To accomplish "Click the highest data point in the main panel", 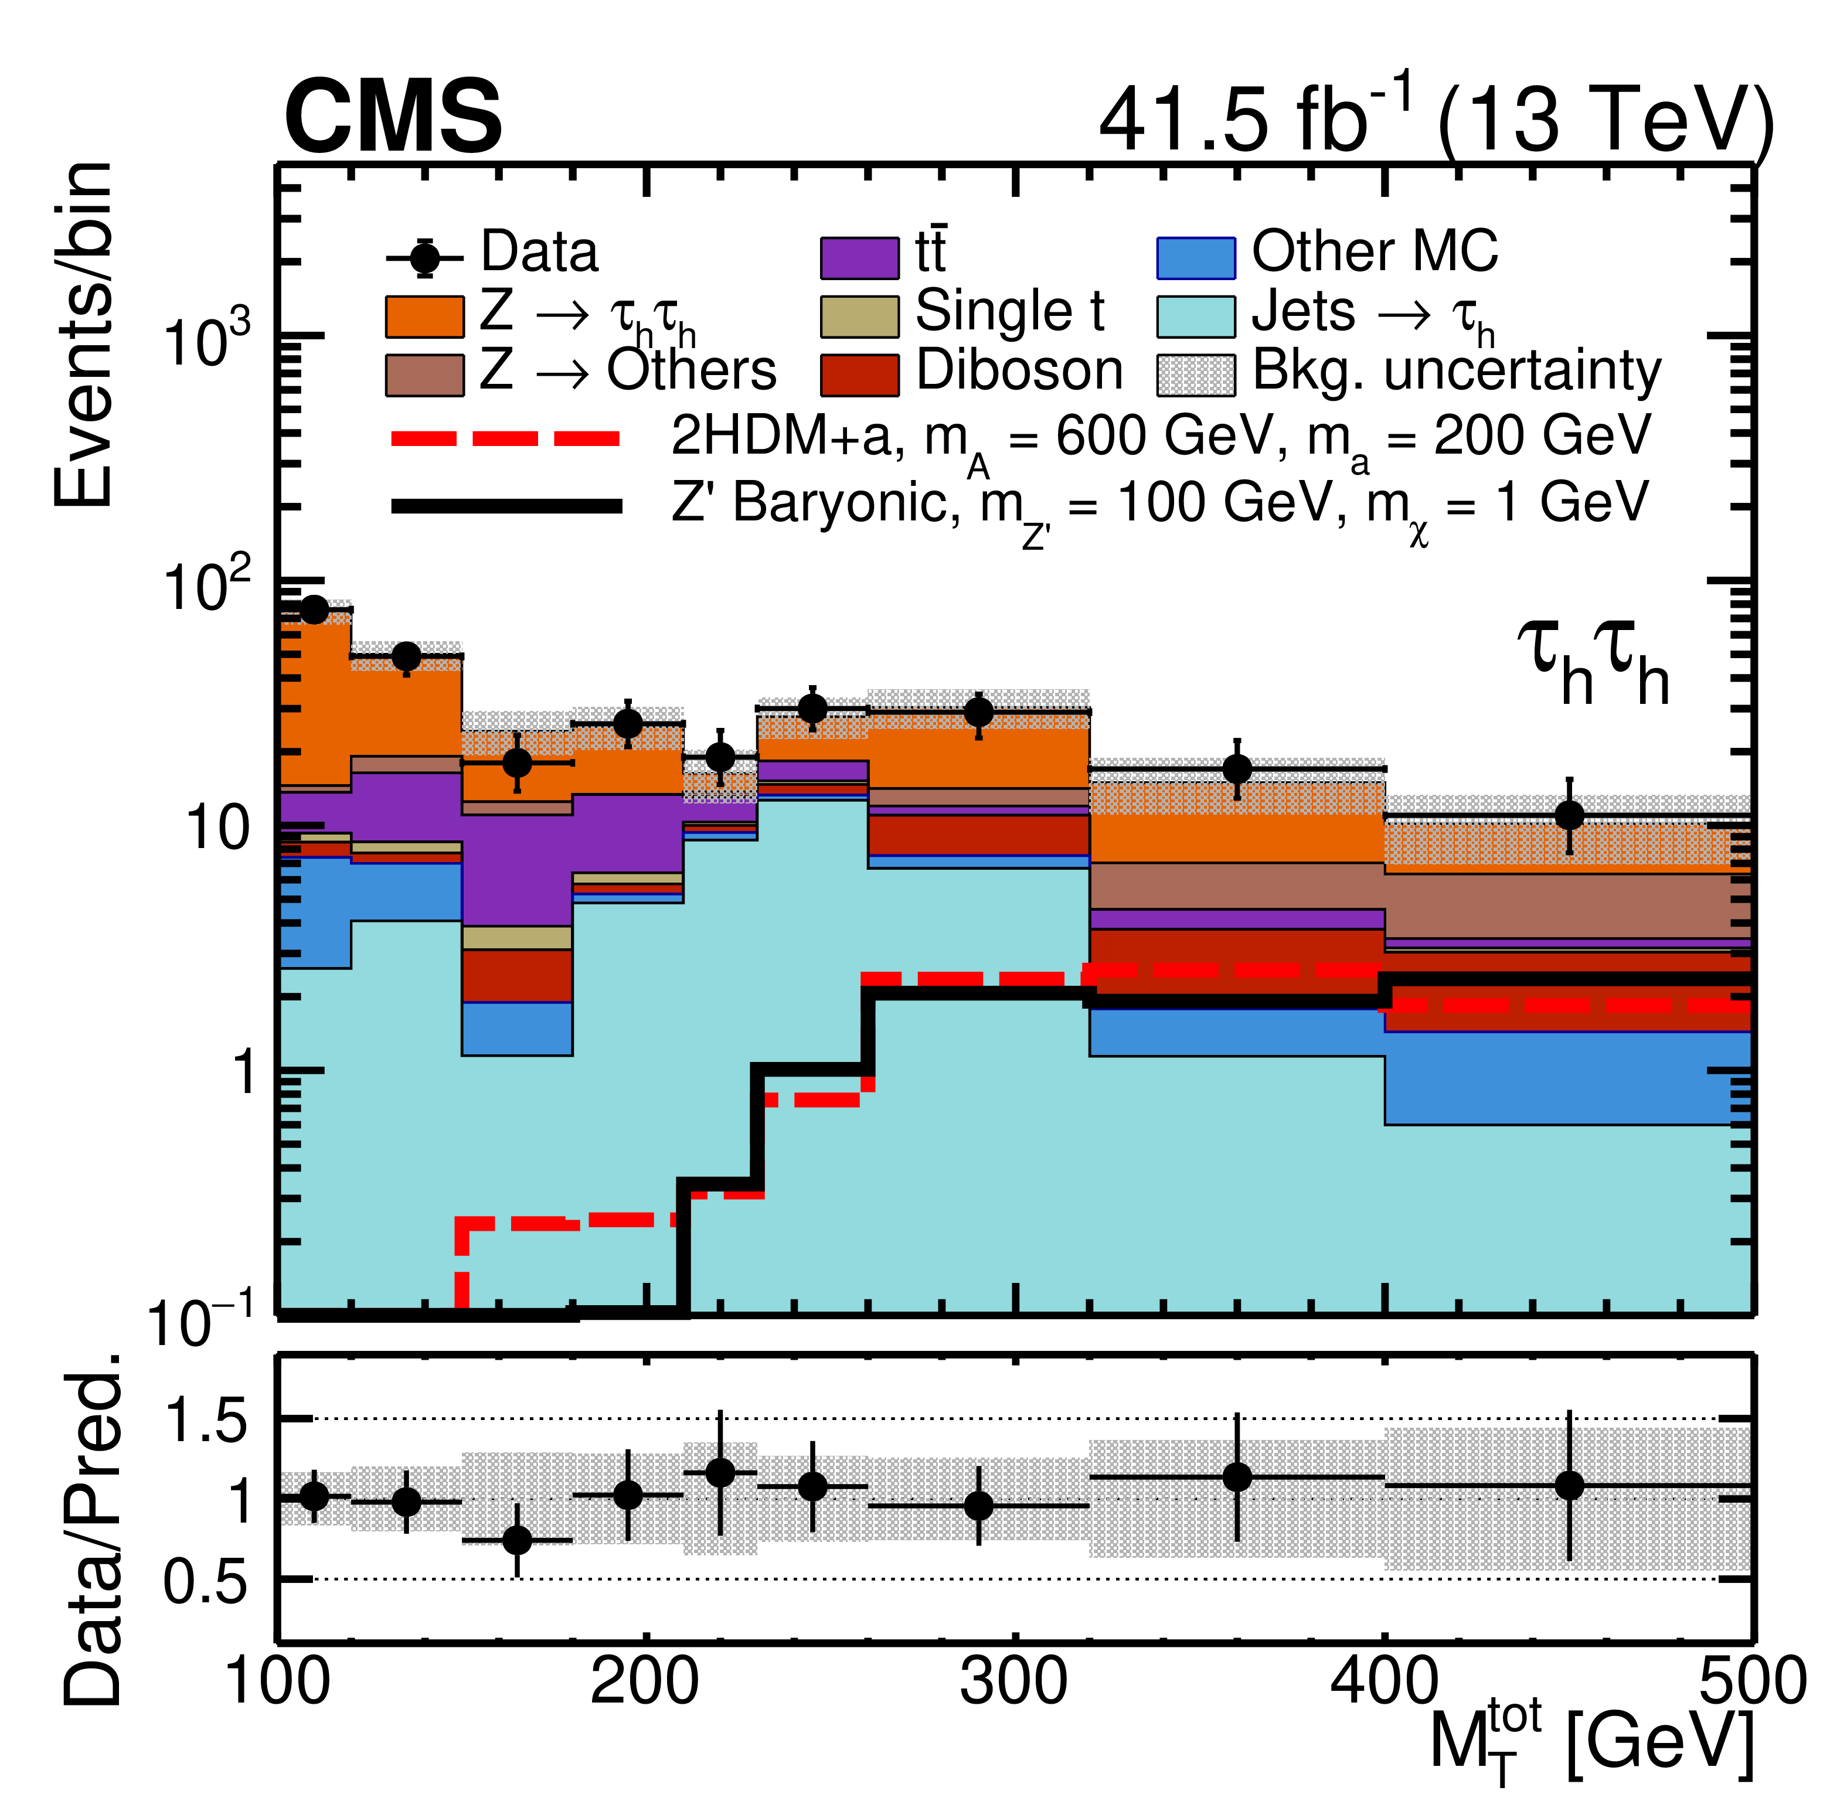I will point(313,610).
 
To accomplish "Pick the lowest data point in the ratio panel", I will point(516,1541).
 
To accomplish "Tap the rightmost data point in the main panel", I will point(1569,815).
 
